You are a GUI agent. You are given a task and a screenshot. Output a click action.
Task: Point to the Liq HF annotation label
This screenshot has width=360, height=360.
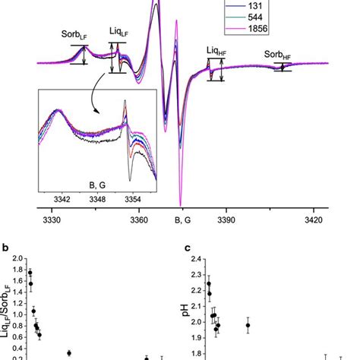click(219, 51)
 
